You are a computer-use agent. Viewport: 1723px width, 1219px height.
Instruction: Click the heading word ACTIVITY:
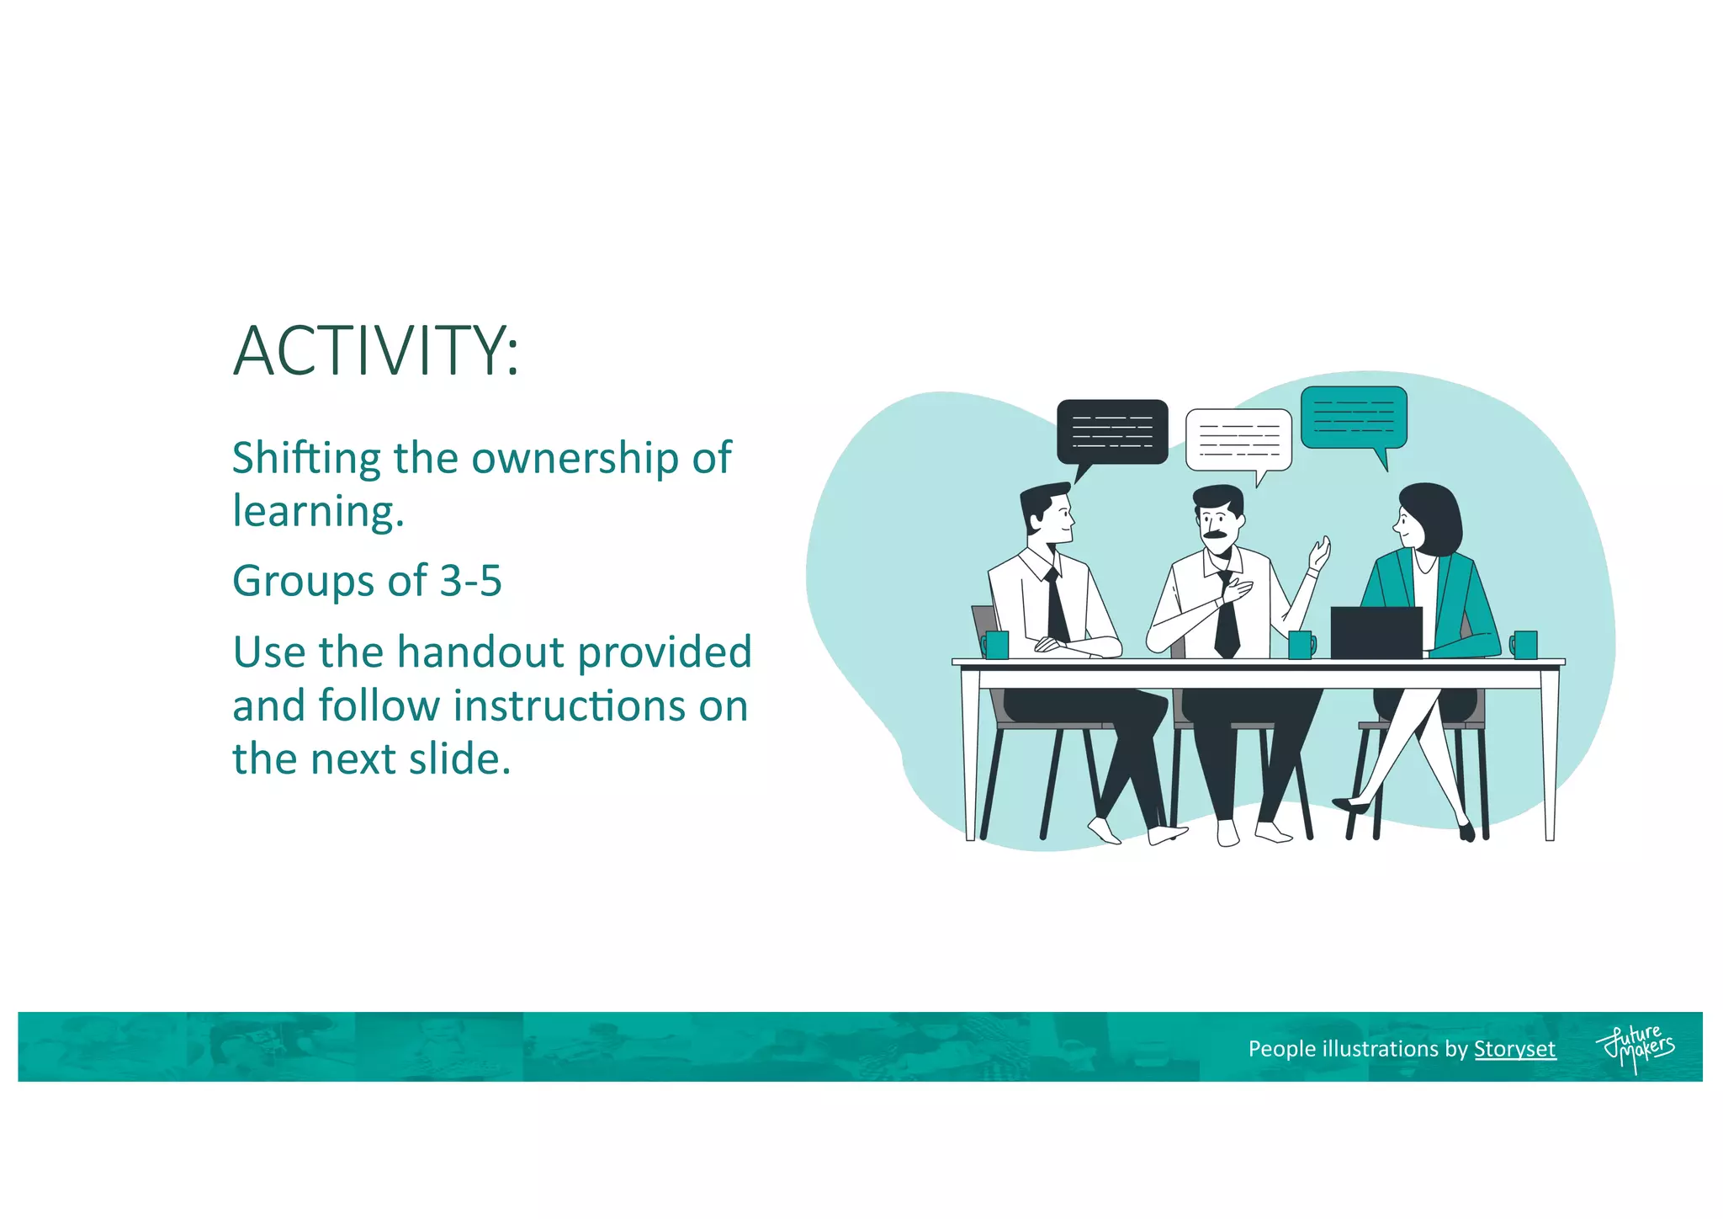376,351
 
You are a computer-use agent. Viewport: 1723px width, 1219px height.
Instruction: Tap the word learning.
318,512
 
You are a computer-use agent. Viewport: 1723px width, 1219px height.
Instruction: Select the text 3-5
471,581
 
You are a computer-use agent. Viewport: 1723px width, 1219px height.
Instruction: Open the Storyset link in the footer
1514,1049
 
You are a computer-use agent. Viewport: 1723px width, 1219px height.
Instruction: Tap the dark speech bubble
1112,432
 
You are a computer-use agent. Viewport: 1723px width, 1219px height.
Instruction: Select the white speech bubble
1238,439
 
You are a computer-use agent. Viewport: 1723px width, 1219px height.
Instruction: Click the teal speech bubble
1354,418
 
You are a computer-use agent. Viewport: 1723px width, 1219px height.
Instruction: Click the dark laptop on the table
1376,633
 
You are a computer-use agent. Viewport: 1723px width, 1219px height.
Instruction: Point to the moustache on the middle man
1214,535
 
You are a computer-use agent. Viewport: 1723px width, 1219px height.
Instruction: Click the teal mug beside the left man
996,645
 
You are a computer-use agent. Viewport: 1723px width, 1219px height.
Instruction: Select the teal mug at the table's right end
1524,645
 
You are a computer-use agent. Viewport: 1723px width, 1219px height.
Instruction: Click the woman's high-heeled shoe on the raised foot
1351,806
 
